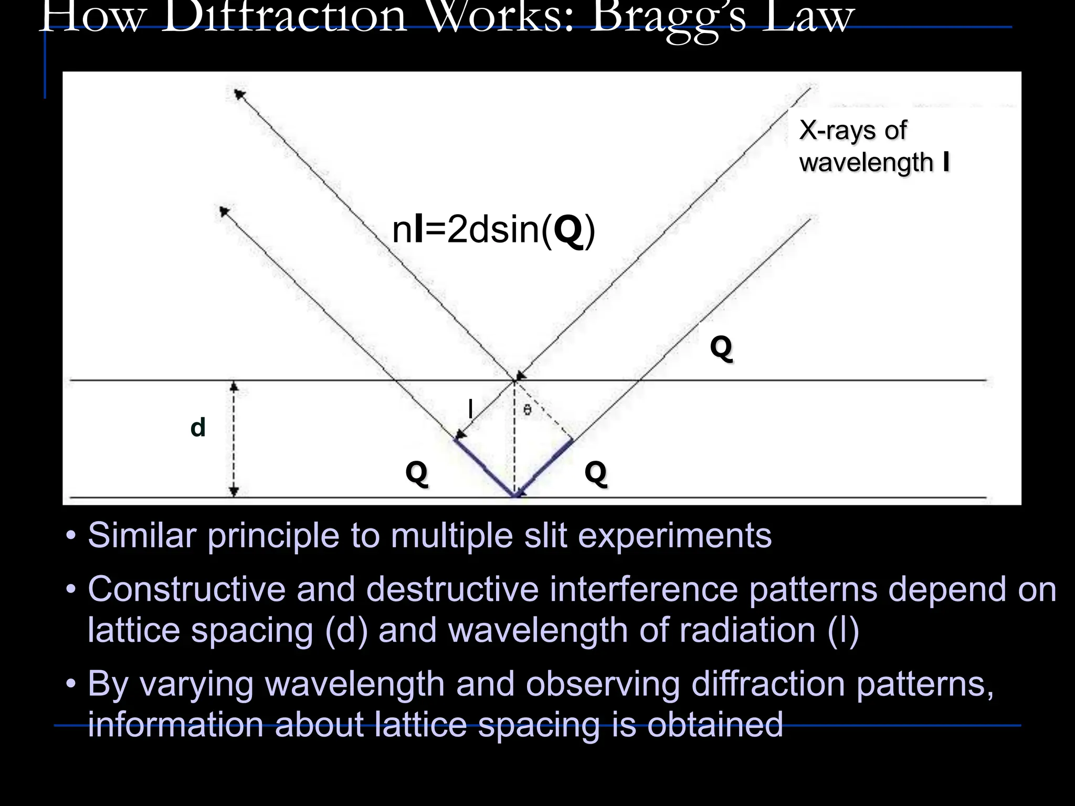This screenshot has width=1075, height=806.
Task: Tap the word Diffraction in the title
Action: (284, 18)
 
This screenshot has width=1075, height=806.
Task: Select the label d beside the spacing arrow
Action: (198, 428)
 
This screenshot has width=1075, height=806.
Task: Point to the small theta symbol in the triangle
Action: (528, 410)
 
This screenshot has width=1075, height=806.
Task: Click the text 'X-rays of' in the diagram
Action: (852, 130)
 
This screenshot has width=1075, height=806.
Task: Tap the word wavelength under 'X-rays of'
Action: (866, 162)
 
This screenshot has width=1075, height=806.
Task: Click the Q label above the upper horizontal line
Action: (721, 347)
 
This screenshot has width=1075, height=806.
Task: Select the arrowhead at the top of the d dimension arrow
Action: (235, 387)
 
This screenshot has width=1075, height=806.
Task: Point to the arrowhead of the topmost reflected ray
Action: (240, 94)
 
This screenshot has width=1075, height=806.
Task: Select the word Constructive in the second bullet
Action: (186, 589)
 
